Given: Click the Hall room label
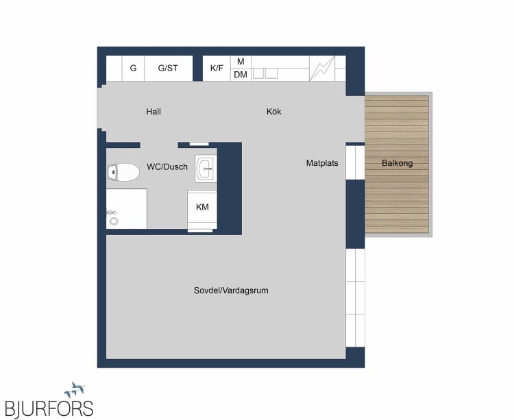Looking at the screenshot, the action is [154, 112].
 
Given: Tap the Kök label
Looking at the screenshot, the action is [273, 112].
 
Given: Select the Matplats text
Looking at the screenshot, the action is [322, 163].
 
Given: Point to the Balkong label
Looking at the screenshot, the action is [397, 163].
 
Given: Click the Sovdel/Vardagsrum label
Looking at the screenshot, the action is [231, 291].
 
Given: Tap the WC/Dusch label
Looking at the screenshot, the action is [167, 166].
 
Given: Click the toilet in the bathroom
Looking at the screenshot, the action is [123, 172].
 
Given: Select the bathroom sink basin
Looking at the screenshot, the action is [206, 169].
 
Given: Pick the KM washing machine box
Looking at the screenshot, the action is [202, 210].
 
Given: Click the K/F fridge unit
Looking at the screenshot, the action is [217, 68].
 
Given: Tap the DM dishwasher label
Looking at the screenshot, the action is [241, 75].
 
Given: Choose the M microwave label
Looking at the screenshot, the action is [241, 62].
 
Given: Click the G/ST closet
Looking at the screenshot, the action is [168, 68].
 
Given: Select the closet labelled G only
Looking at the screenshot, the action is [133, 68].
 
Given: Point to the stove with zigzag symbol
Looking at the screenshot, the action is [322, 68].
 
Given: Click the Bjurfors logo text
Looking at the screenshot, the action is [49, 408].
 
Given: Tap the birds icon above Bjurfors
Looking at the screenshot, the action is [75, 389].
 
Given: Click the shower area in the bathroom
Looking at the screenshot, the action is [127, 209].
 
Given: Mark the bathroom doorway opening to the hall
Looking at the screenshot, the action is [159, 145].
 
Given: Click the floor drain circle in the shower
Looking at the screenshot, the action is [114, 221].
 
